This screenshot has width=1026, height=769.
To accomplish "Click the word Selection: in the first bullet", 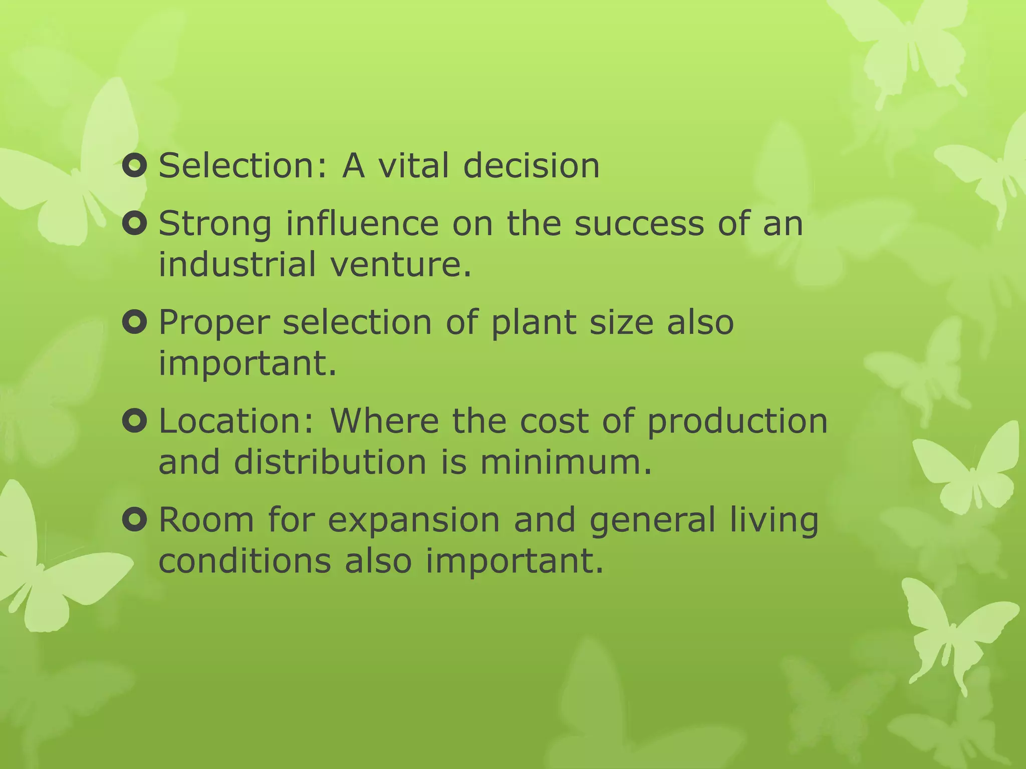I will (243, 166).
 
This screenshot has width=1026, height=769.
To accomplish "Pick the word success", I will (639, 224).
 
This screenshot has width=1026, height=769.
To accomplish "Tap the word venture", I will (401, 264).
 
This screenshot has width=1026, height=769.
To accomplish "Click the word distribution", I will (330, 462).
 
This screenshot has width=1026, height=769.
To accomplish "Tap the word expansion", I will (414, 520).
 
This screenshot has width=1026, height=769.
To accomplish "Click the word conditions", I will (245, 561).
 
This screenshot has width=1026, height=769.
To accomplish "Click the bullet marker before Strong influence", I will (134, 224).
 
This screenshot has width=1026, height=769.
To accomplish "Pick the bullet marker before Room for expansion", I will (134, 520).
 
